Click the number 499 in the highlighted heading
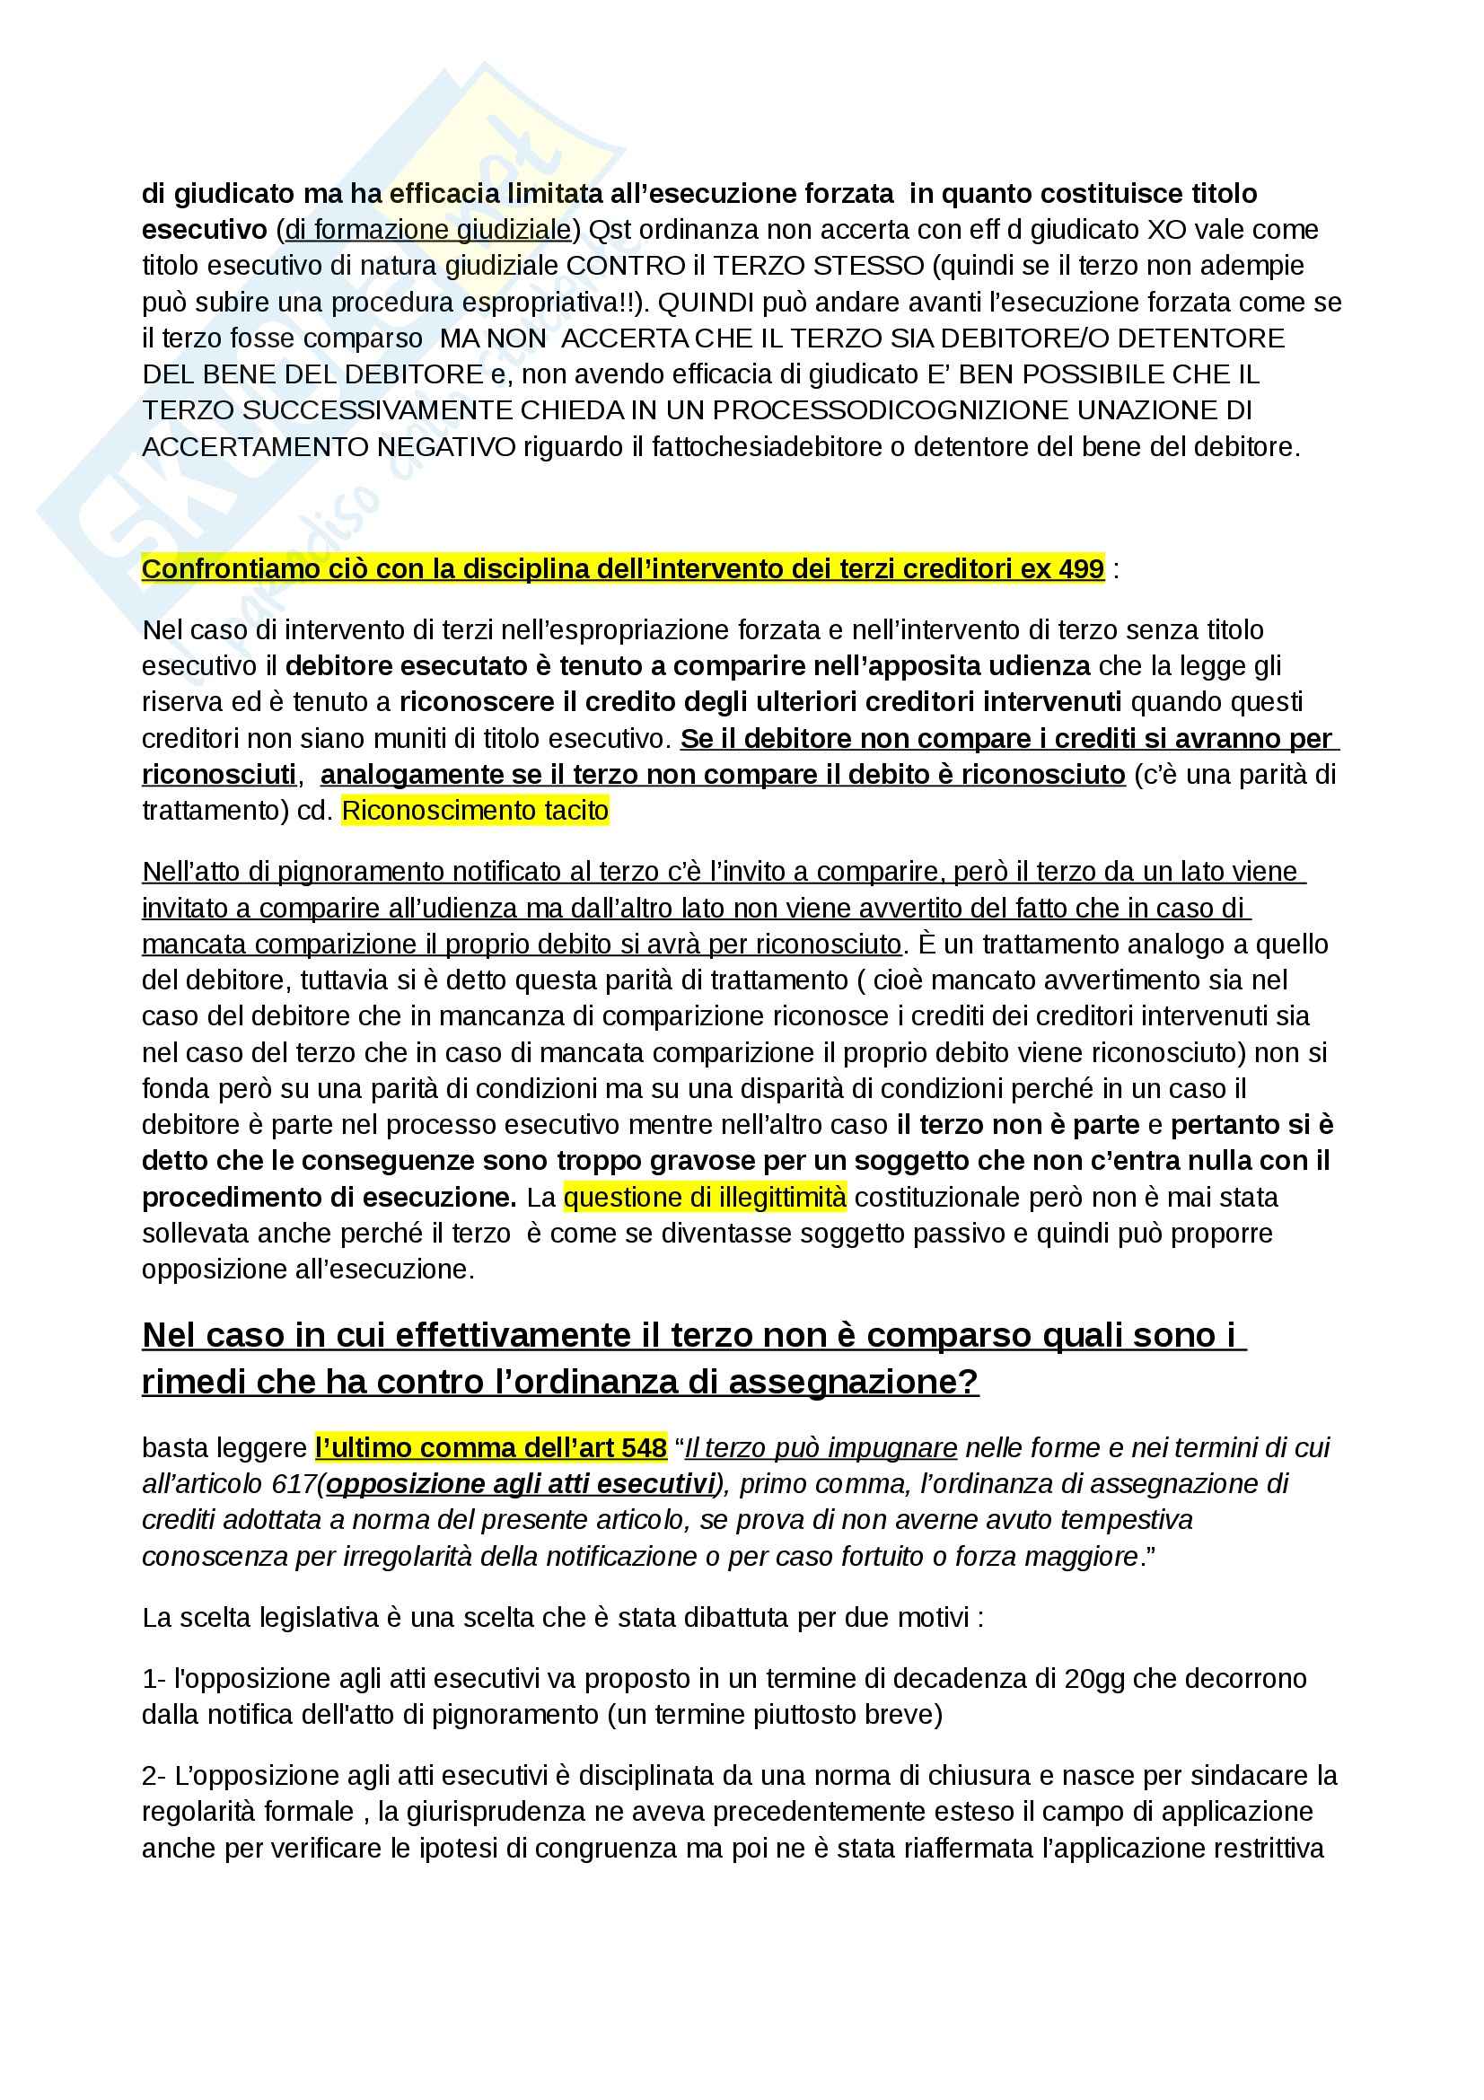(1081, 569)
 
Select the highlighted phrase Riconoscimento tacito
(475, 811)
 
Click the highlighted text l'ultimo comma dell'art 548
(491, 1448)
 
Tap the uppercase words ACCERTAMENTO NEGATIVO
(329, 447)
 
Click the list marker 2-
(153, 1775)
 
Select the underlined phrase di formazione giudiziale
(428, 230)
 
